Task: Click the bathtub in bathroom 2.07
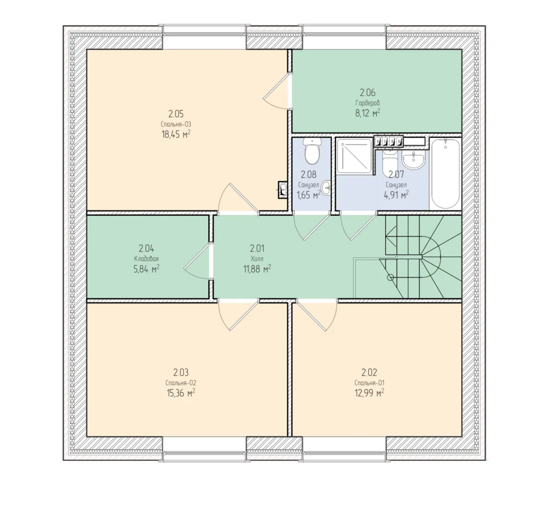pos(445,173)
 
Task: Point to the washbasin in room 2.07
pos(413,159)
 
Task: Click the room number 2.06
pos(368,93)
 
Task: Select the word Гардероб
pos(368,103)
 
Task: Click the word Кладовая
pos(147,259)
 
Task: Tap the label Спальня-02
pos(181,383)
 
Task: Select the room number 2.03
pos(181,372)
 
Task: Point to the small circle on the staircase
pos(391,278)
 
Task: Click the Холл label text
pos(257,259)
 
